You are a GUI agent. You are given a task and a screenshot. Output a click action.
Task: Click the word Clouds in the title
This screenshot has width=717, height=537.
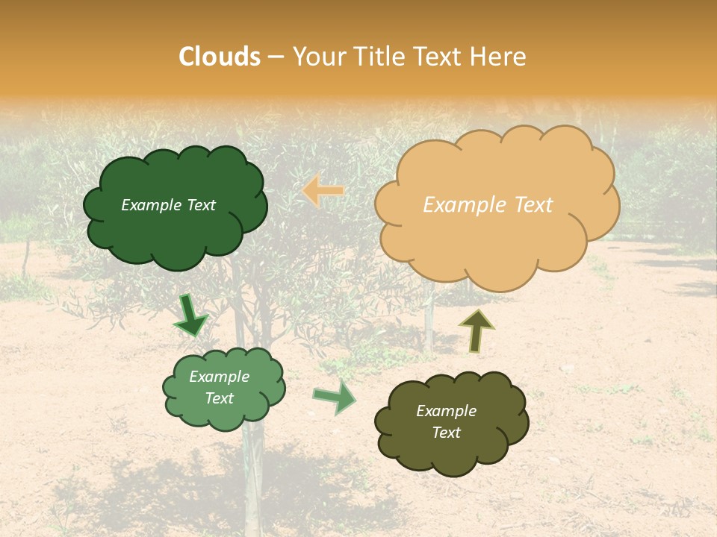click(220, 57)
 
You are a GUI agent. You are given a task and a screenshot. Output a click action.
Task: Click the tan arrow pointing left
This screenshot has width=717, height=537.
click(323, 191)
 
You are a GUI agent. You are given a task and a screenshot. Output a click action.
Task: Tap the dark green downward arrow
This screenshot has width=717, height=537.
click(190, 315)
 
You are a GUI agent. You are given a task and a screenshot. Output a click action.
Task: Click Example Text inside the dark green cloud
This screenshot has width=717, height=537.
click(168, 205)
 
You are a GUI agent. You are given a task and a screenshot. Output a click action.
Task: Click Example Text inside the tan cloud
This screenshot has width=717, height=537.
click(488, 205)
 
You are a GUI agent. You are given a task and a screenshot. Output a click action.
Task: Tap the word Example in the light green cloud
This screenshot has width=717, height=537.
click(219, 377)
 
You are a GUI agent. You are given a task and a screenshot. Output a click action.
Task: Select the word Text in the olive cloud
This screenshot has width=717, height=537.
click(446, 433)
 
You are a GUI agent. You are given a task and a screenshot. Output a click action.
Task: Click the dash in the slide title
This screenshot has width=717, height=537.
click(276, 57)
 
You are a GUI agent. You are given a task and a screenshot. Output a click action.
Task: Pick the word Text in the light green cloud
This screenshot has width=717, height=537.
click(219, 398)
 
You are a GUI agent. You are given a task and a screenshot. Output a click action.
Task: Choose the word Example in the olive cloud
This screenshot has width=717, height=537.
click(446, 411)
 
